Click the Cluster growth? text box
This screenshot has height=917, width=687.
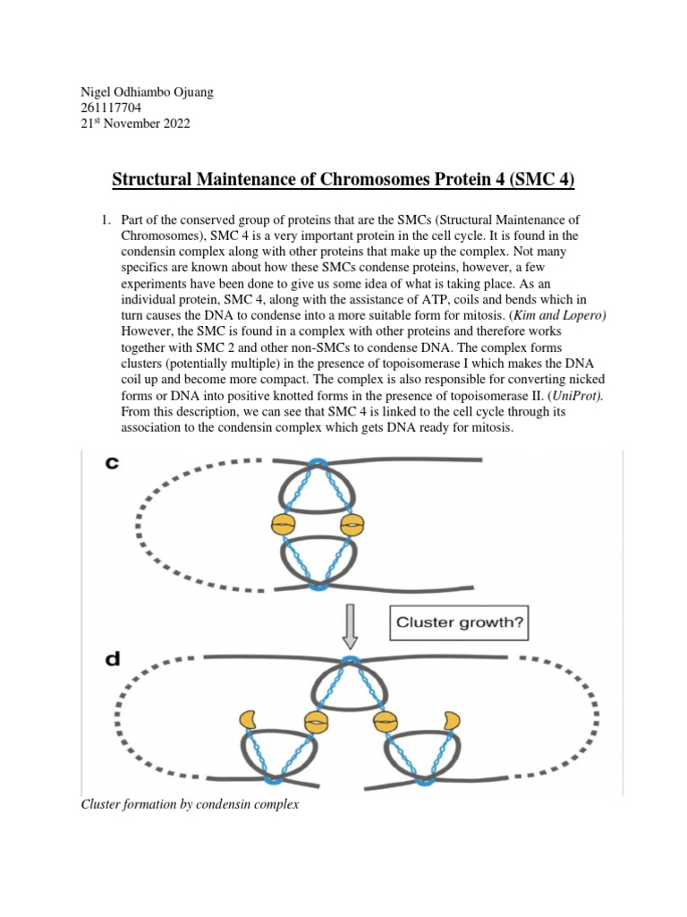460,621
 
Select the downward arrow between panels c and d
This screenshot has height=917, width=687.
350,625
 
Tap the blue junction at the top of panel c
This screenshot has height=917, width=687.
317,463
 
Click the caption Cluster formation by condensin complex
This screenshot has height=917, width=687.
189,805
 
